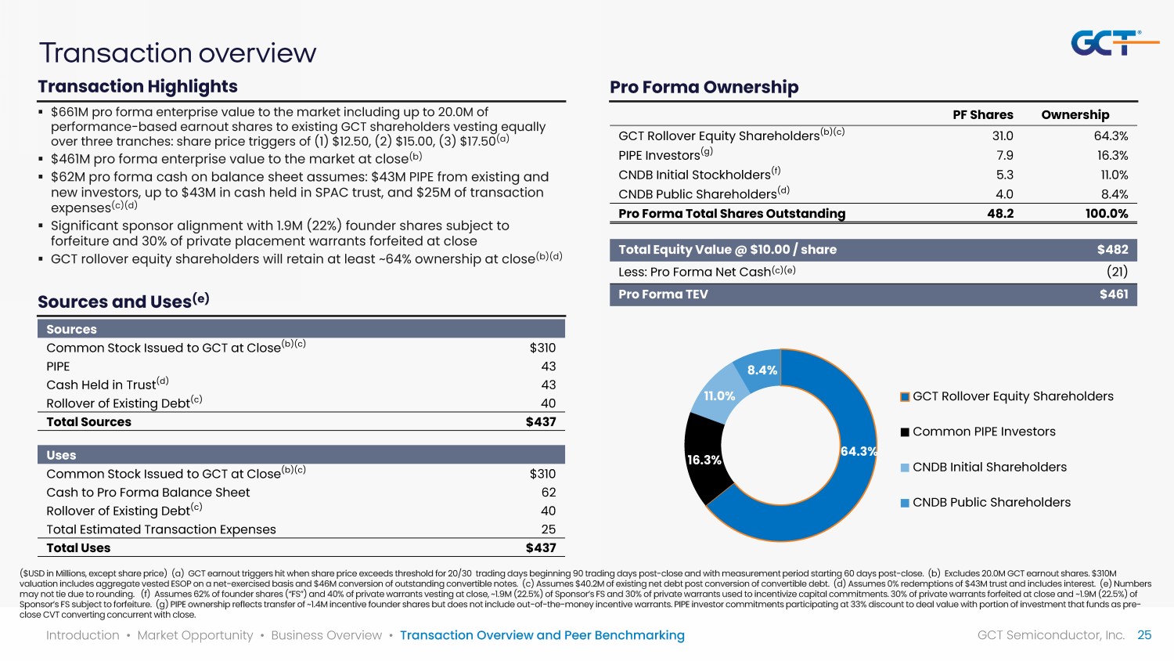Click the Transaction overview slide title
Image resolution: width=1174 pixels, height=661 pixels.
click(178, 52)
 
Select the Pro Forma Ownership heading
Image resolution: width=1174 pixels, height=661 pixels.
click(704, 87)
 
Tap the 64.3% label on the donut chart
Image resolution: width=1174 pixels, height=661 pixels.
click(858, 451)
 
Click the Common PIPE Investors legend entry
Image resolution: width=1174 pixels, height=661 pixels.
click(983, 432)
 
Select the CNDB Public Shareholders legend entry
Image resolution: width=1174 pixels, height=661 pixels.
click(991, 502)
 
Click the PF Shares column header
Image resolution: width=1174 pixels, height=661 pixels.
click(982, 114)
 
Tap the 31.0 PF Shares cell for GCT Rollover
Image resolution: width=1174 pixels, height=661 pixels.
click(1003, 135)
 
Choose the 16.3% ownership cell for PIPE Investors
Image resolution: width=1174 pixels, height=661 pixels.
click(1112, 155)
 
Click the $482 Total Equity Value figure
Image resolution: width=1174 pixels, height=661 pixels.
click(1112, 250)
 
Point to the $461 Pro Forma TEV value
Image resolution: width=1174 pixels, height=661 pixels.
click(1113, 294)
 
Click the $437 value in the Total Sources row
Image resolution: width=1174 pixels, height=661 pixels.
click(540, 421)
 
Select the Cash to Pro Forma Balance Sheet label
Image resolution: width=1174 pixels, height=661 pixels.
click(148, 492)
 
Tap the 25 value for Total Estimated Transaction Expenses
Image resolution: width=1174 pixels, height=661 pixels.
click(548, 529)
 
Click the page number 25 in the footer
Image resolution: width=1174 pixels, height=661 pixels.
click(1144, 635)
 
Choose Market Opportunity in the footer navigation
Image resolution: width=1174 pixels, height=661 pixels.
click(195, 635)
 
